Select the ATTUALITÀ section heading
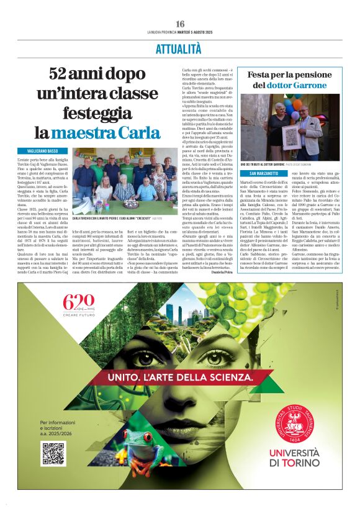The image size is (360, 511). [x=180, y=50]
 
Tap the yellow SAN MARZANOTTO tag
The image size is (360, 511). [x=264, y=173]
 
